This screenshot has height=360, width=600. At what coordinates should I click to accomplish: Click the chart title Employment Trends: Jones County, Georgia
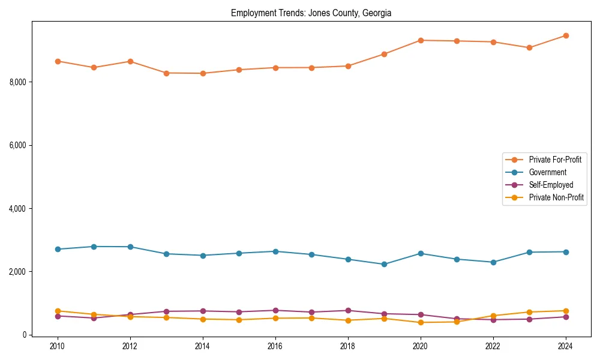311,13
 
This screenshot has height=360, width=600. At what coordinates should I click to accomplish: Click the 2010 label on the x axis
58,346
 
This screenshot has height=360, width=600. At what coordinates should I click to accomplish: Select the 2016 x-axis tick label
275,346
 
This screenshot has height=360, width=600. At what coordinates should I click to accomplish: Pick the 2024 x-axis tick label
565,346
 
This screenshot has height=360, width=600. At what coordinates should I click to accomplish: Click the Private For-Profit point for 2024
565,35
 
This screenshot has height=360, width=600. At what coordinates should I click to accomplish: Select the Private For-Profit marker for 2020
421,40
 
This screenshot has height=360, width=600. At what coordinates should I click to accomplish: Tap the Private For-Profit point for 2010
58,61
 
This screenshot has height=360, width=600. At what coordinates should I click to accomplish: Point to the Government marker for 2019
384,264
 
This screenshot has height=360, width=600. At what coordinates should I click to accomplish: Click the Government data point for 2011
94,247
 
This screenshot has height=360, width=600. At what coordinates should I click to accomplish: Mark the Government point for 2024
565,252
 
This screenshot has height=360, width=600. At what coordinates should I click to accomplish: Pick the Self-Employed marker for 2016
275,310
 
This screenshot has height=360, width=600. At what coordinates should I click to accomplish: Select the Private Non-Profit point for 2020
421,322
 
